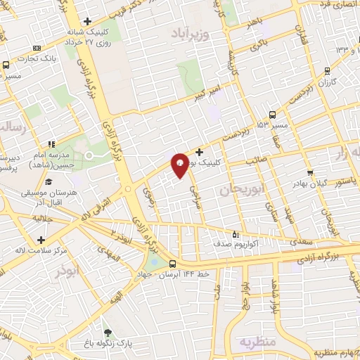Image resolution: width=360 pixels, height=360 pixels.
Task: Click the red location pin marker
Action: coord(180,166)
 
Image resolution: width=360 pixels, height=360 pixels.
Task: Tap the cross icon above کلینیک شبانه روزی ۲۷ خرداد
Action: coord(87,21)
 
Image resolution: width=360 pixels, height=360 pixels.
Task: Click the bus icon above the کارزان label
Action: coord(327,70)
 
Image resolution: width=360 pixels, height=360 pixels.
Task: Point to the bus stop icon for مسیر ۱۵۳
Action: coord(271,114)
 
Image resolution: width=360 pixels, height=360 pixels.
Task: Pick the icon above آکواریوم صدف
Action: coord(236,234)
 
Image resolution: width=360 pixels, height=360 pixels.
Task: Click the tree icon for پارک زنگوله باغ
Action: coord(108,333)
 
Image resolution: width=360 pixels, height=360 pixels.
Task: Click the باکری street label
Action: coord(259,44)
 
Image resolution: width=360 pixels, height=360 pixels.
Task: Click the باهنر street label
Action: coord(252,22)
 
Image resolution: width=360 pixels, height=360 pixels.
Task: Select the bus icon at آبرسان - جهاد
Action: coord(173,264)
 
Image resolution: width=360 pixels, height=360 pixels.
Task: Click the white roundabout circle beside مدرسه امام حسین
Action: coord(89,155)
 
